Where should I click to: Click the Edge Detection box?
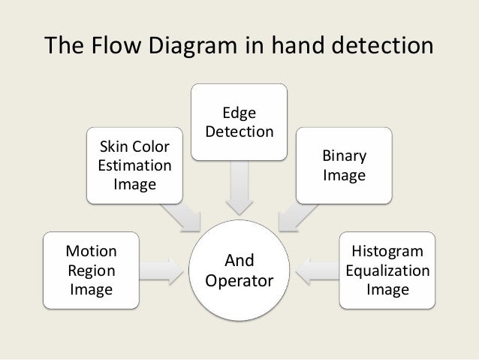(x=239, y=122)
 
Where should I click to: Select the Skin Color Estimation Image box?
(x=134, y=165)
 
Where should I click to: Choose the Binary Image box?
(x=344, y=165)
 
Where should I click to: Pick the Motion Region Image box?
(x=91, y=268)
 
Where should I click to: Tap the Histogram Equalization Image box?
(x=386, y=268)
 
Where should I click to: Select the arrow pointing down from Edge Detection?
(x=239, y=188)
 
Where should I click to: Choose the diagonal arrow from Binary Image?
(x=294, y=216)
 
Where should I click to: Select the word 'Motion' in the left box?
(x=91, y=251)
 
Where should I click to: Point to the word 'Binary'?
(x=344, y=156)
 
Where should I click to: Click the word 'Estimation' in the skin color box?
(x=134, y=165)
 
